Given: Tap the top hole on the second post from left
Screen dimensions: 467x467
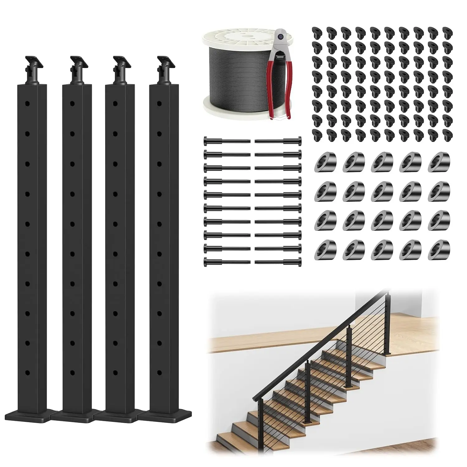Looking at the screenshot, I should click(x=72, y=103).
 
